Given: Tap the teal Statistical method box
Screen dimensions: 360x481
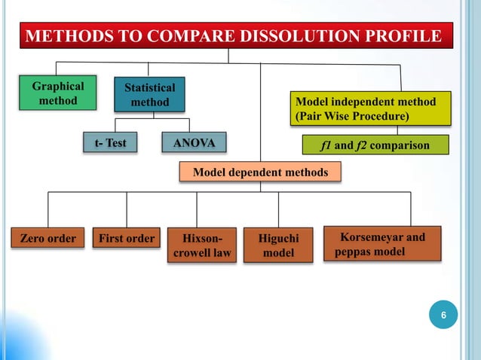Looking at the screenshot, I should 150,95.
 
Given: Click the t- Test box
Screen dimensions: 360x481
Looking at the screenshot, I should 110,142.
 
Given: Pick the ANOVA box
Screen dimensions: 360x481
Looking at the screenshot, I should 194,142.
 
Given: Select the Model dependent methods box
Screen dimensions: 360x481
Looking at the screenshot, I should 260,172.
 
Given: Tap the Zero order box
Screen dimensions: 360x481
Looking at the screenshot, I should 47,239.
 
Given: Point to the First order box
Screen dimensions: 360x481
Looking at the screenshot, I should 127,239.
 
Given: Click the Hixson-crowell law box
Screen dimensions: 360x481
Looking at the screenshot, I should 201,246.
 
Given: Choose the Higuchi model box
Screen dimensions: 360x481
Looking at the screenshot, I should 278,246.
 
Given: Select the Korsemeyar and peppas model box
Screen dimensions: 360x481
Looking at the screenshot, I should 381,244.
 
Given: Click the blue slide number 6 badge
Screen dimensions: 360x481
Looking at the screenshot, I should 444,316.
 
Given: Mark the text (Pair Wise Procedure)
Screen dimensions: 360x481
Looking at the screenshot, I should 352,117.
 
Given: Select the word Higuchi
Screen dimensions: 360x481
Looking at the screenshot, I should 278,239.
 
